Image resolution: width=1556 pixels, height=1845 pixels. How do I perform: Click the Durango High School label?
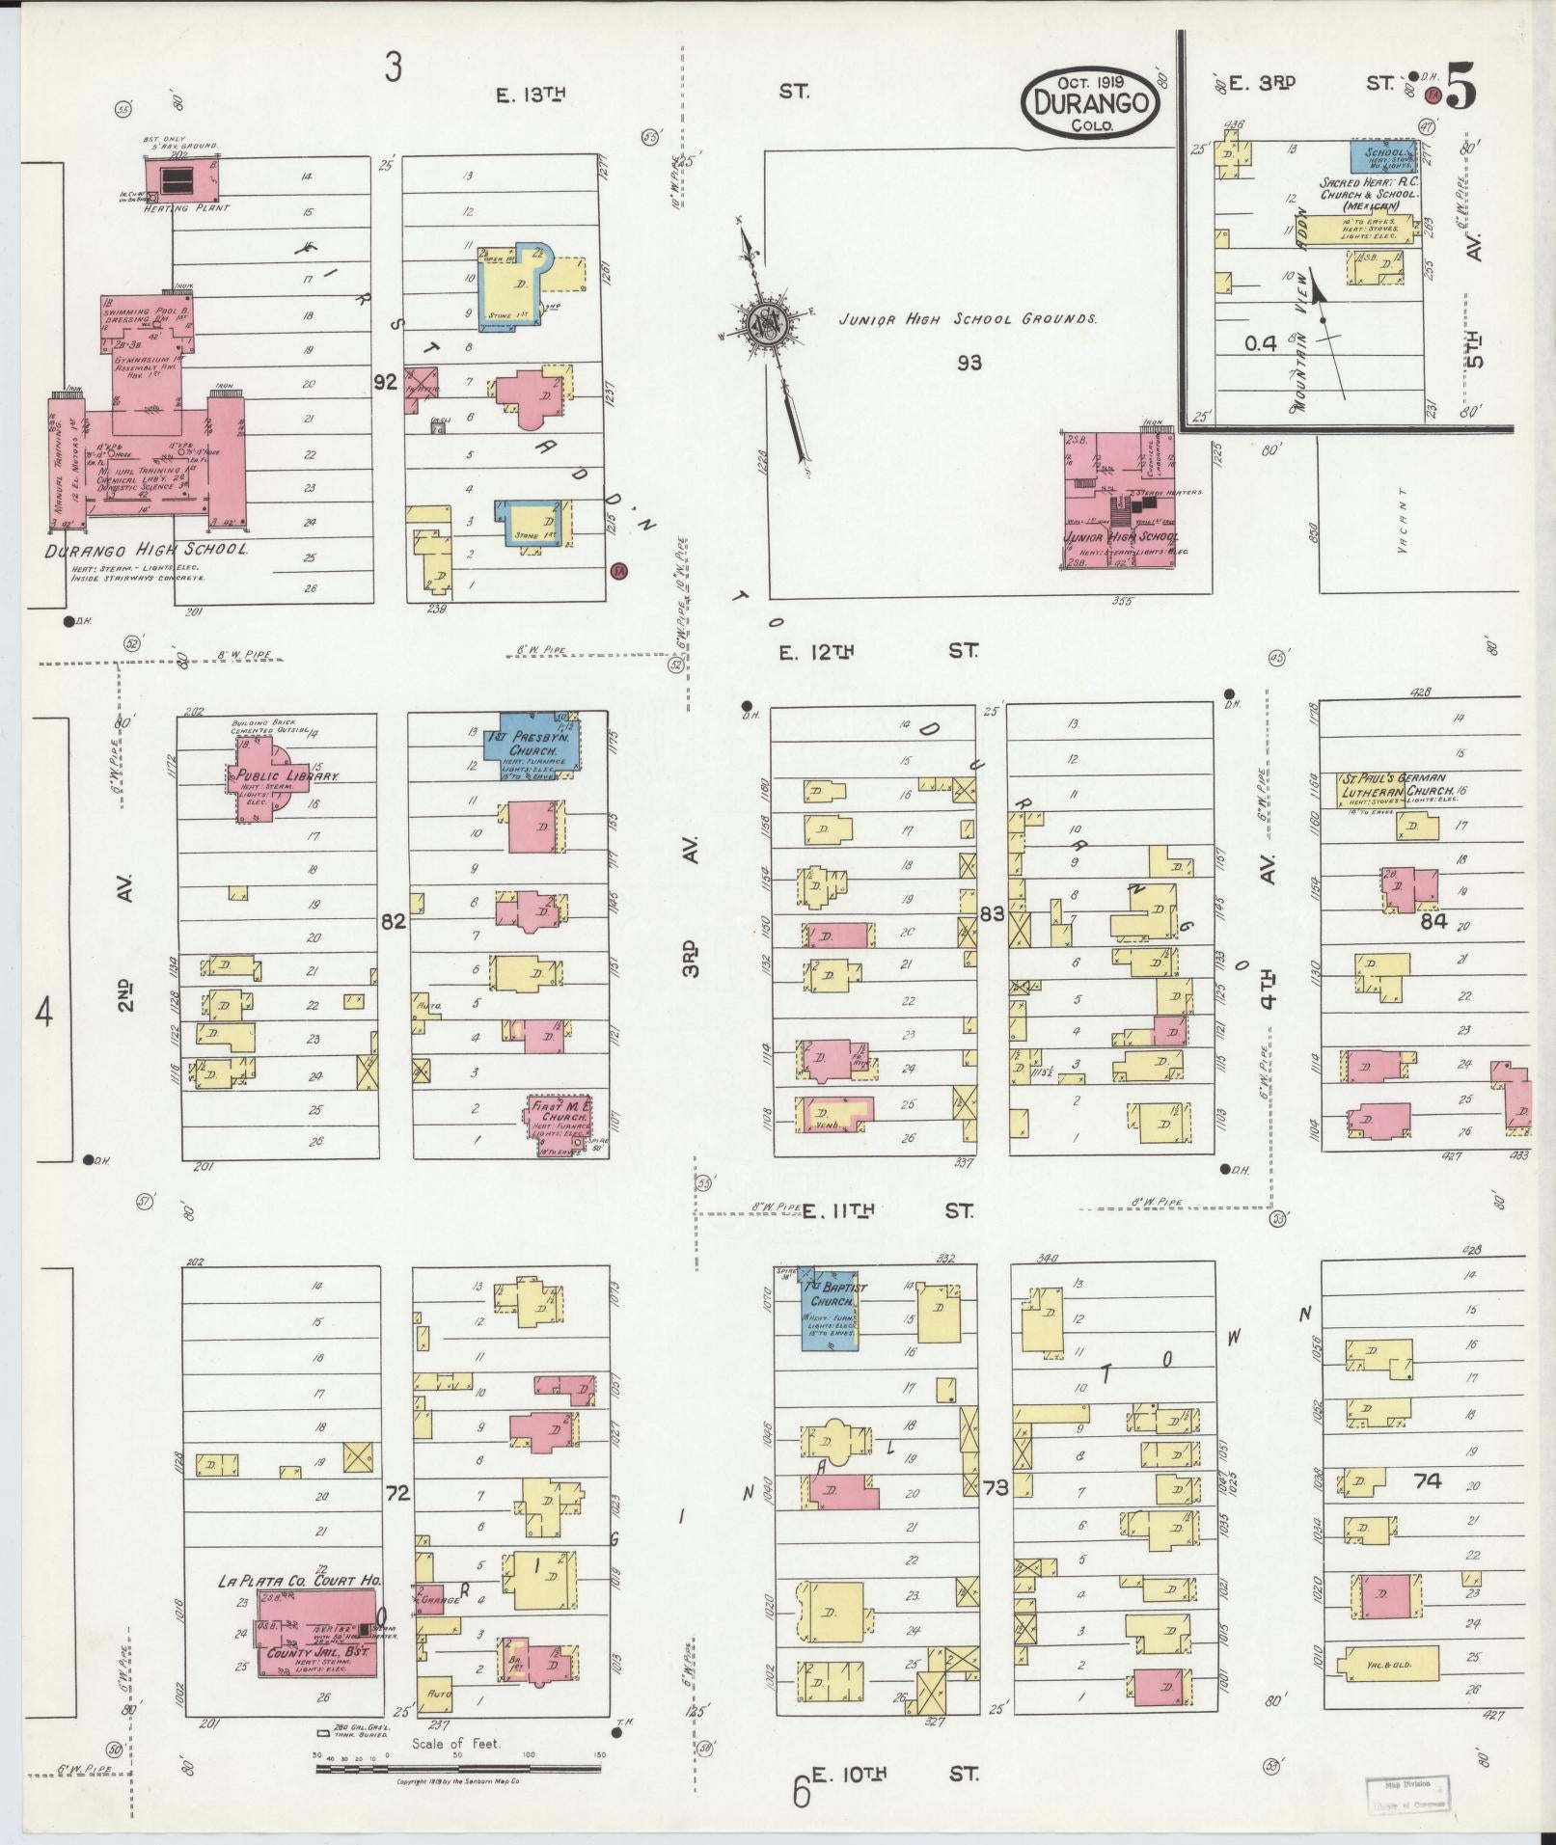click(x=146, y=550)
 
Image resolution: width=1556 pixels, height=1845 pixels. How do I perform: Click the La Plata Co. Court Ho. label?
click(x=299, y=1580)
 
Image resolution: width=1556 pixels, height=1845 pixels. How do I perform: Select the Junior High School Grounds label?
click(x=967, y=318)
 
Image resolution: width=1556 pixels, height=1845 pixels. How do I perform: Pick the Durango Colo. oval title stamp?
click(x=1090, y=103)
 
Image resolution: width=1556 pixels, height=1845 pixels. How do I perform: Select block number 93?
click(x=969, y=363)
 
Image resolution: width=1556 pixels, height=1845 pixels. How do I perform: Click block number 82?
click(x=393, y=921)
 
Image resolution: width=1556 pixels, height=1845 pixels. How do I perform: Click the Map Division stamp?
click(x=1407, y=1793)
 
